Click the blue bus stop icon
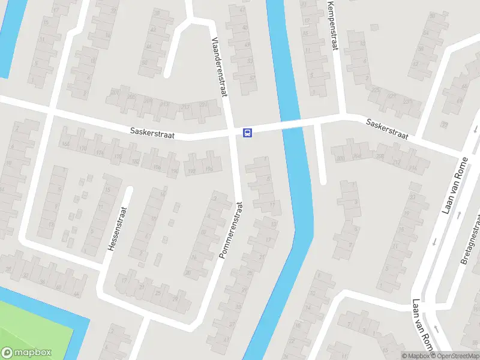(247, 133)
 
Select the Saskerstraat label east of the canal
(387, 129)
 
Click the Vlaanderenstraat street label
(219, 67)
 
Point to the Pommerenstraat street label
(231, 230)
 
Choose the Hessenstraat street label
(117, 229)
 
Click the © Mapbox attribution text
(416, 356)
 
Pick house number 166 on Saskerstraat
(65, 144)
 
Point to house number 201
(114, 92)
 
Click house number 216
(413, 169)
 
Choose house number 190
(175, 172)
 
